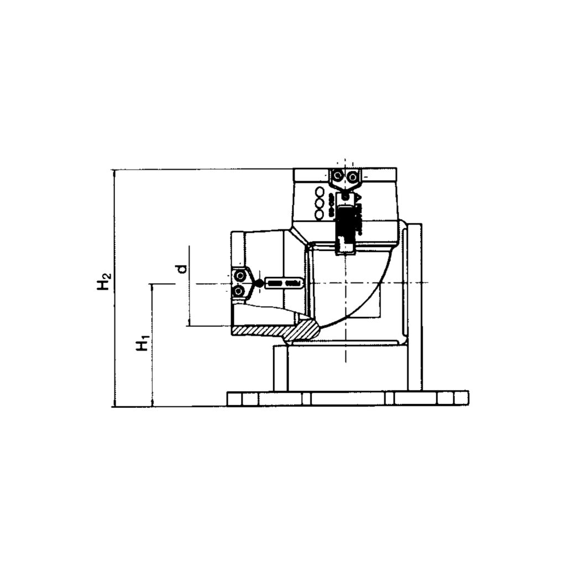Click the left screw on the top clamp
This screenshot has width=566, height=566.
(x=336, y=176)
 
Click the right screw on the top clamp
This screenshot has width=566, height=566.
(x=352, y=176)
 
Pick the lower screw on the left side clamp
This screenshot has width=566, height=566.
(x=239, y=291)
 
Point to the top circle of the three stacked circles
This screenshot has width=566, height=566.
(x=319, y=192)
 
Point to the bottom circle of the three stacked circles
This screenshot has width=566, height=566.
(x=319, y=214)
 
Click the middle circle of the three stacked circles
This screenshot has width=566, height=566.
(x=319, y=203)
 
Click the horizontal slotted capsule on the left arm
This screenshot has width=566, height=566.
(x=283, y=284)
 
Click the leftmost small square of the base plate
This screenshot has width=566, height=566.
(x=234, y=398)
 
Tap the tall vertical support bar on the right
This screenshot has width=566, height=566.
(x=415, y=307)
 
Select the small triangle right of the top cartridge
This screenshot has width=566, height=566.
(x=358, y=198)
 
